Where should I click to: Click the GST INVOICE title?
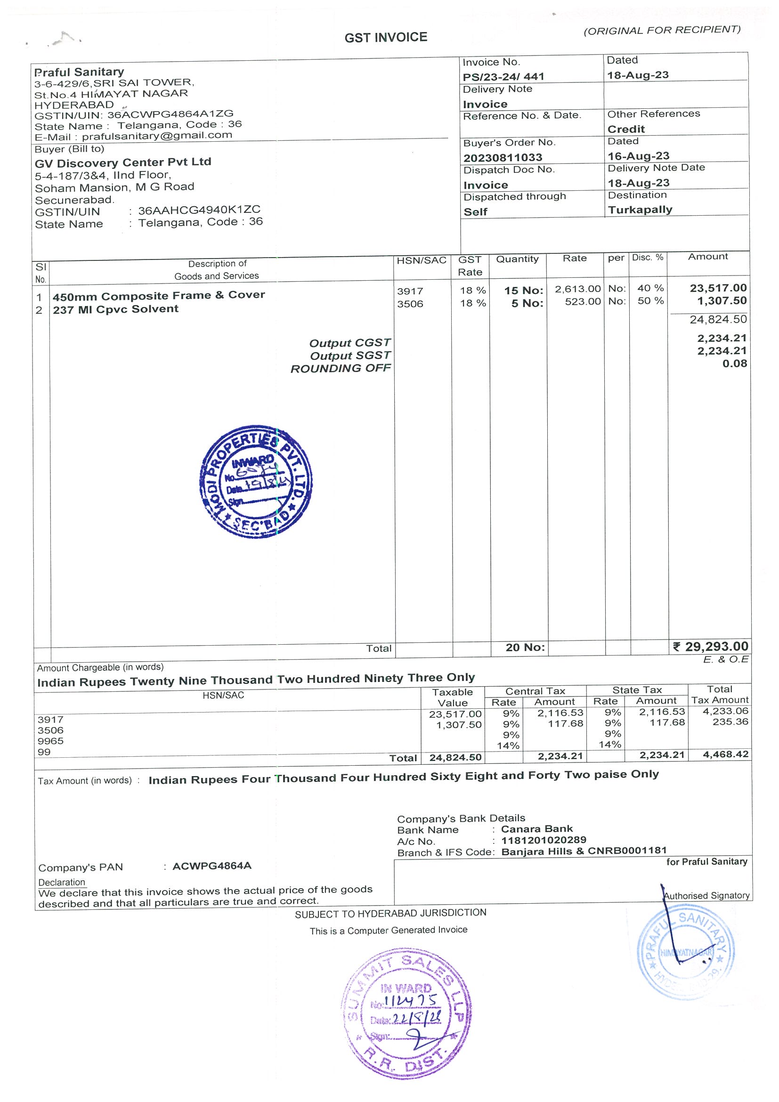point(385,37)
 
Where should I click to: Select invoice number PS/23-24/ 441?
point(503,77)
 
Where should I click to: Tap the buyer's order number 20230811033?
point(503,157)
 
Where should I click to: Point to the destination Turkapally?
point(640,210)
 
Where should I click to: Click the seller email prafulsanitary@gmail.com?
point(157,136)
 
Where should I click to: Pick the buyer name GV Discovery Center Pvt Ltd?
point(123,162)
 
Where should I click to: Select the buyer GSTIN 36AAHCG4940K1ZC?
point(199,210)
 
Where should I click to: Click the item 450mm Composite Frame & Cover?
point(159,296)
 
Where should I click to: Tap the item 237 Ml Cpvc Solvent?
point(116,309)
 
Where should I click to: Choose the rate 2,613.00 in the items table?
point(577,289)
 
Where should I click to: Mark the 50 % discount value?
point(650,301)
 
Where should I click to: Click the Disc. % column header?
point(648,258)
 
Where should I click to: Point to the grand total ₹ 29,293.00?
point(710,647)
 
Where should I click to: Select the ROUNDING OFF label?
point(341,369)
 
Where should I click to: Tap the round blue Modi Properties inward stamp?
point(256,481)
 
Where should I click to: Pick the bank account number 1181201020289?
point(544,840)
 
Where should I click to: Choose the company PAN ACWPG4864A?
point(211,866)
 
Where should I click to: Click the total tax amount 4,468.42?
point(725,754)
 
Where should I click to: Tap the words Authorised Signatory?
point(706,896)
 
